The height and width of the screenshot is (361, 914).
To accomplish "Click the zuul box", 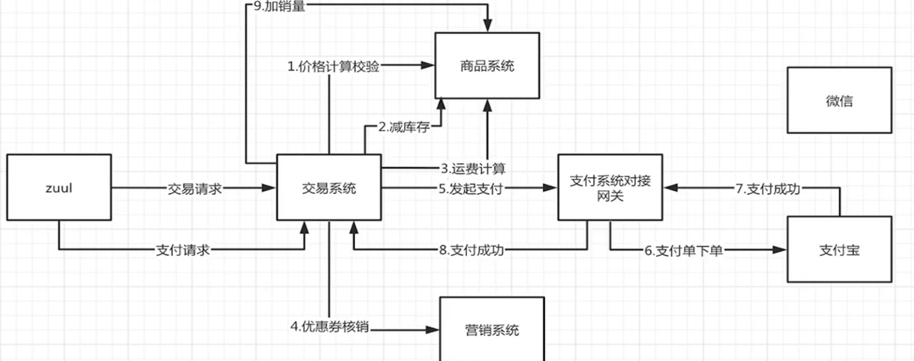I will coord(59,187).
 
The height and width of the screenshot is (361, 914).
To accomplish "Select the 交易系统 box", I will coord(329,187).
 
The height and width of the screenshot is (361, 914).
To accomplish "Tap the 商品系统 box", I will coord(487,66).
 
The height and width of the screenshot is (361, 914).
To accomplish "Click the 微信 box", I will coord(839,100).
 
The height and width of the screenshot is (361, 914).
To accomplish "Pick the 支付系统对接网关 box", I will coord(610,187).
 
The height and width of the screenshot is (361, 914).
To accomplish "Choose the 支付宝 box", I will coord(839,250).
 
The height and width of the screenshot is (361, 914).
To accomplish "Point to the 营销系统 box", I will coord(492,329).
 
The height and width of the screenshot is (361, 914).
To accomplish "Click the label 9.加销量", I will coord(280,6).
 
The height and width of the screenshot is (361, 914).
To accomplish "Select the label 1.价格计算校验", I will coord(333,66).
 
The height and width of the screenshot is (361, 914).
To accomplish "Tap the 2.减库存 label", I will coord(404,127).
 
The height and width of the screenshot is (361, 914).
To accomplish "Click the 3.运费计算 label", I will coord(473,169).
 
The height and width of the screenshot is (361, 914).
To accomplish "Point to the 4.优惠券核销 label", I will coord(330,326).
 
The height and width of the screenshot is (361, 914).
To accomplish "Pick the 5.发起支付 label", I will coord(471,188).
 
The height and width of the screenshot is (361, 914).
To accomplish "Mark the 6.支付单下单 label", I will coord(684,250).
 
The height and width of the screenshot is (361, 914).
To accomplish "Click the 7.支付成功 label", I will coord(768,188).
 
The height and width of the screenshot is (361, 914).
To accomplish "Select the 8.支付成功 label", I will coord(471,250).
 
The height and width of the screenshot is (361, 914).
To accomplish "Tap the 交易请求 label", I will coord(195,188).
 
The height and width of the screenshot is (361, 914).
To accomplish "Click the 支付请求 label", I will coord(183,250).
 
